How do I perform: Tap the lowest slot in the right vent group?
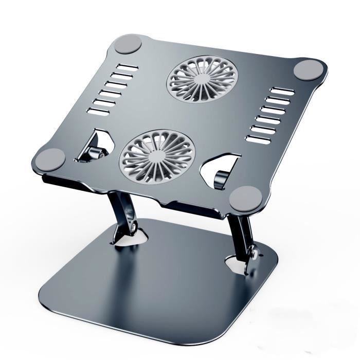[x=258, y=138]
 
